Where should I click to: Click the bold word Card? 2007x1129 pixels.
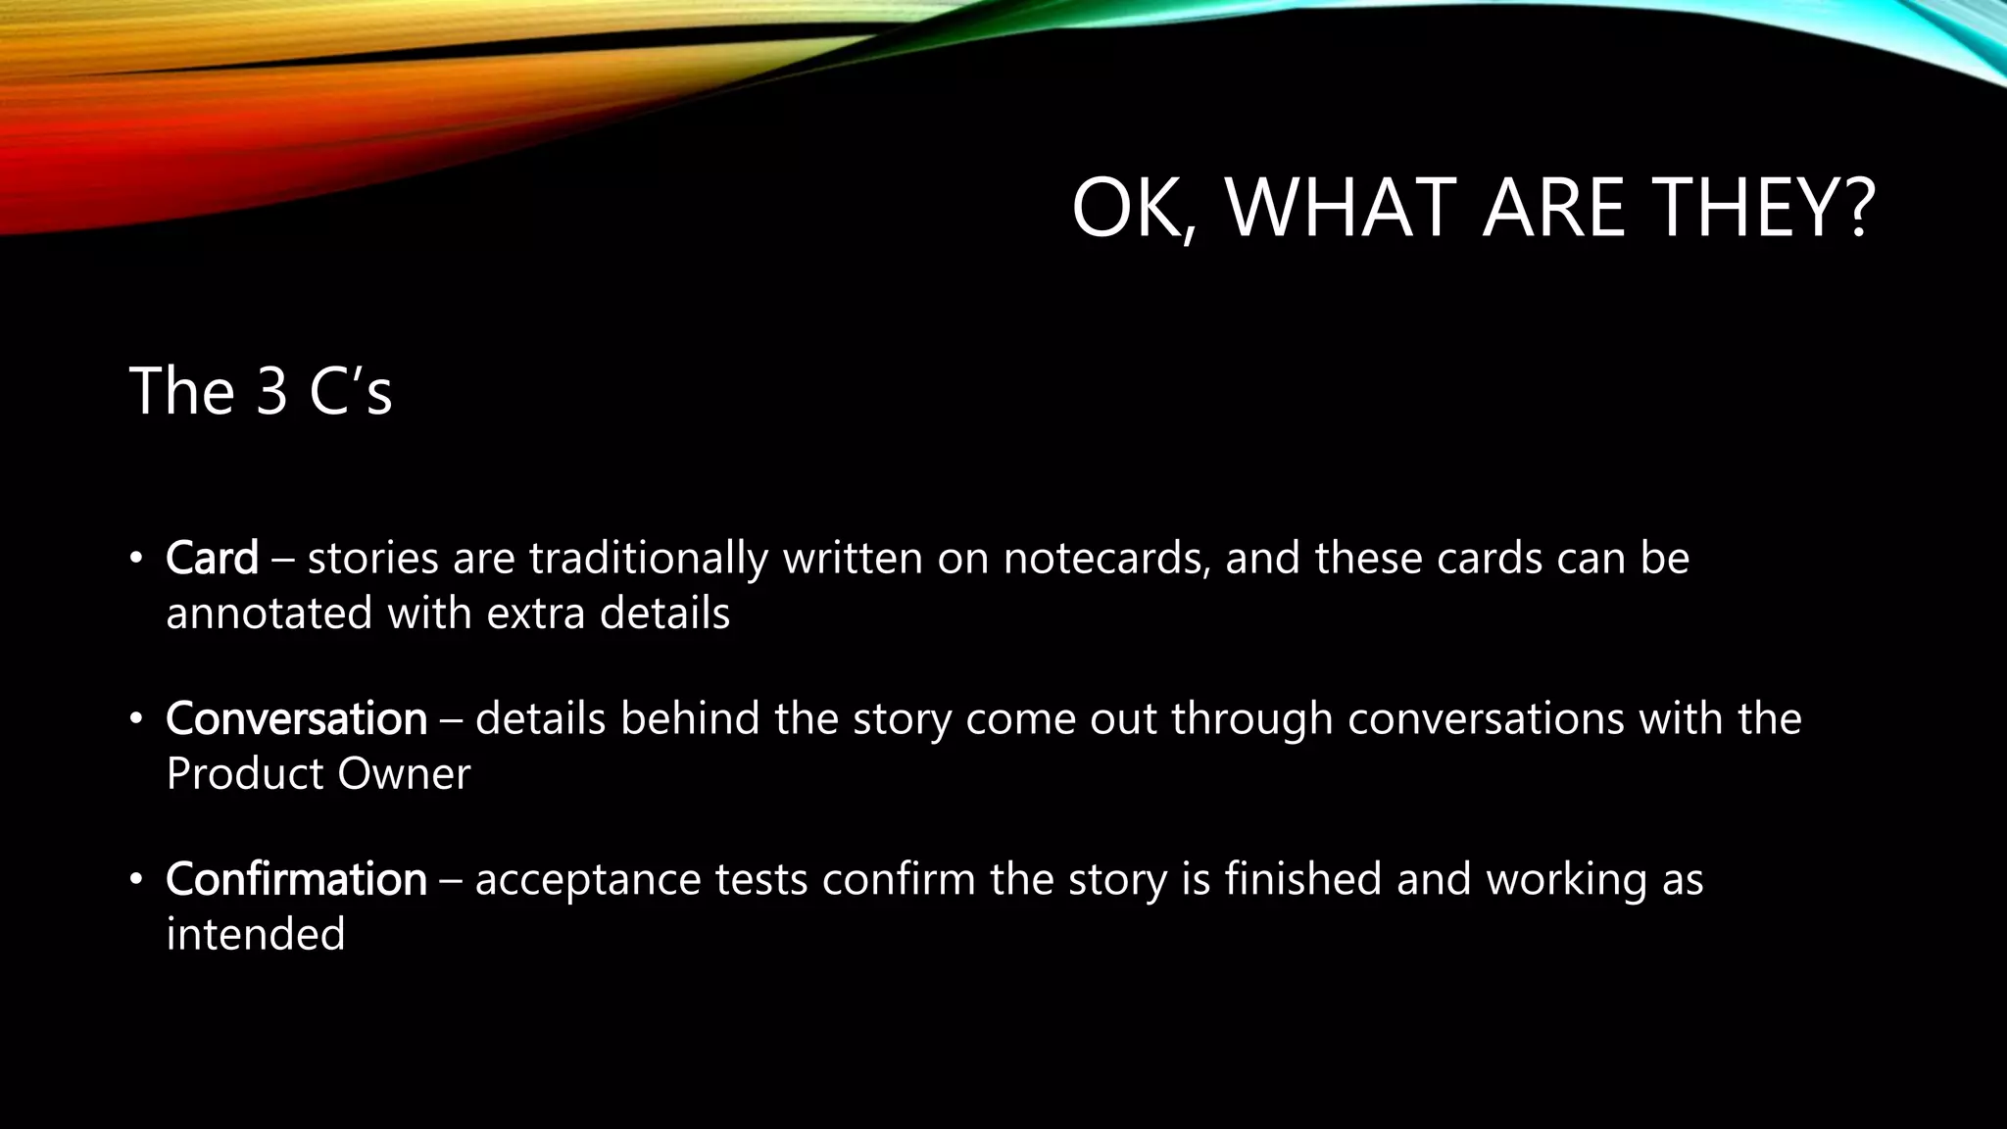coord(212,559)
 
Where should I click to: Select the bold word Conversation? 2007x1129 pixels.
coord(296,719)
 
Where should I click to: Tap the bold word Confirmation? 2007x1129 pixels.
coord(296,879)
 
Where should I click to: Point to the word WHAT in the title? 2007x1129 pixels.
coord(1341,208)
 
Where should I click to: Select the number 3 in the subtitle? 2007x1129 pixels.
coord(271,391)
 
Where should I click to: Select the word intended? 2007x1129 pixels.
coord(256,935)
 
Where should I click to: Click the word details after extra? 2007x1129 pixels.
coord(664,614)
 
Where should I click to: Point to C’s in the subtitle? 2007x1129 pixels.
coord(350,391)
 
